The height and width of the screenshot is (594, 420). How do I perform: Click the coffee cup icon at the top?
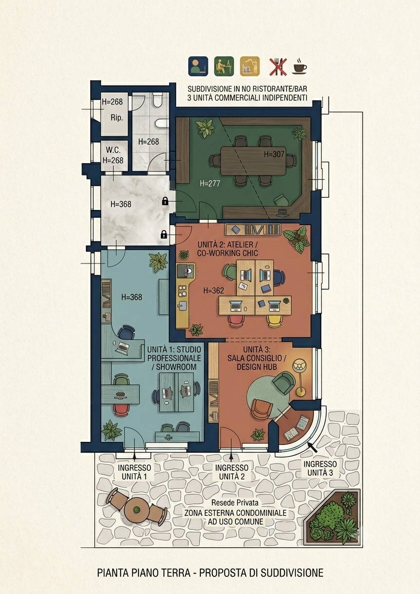tap(299, 66)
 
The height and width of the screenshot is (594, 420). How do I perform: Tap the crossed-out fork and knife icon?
tap(278, 67)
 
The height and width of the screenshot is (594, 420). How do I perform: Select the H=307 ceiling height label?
tap(274, 154)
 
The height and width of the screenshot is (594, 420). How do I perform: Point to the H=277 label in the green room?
tap(210, 183)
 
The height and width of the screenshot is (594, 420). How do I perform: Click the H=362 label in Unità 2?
tap(214, 291)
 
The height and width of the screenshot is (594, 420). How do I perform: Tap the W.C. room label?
tap(113, 150)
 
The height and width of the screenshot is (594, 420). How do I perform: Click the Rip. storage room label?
tap(117, 118)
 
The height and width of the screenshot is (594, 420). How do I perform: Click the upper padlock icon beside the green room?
tap(165, 201)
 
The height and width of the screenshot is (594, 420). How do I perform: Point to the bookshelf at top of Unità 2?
tap(253, 229)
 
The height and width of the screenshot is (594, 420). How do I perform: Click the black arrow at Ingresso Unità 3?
tap(313, 447)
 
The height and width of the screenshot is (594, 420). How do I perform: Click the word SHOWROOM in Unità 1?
tap(176, 367)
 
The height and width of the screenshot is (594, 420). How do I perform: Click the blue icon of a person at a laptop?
tap(198, 66)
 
